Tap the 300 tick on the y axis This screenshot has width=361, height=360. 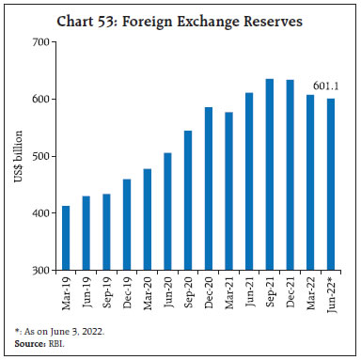(39, 271)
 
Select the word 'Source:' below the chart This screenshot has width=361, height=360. (24, 346)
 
